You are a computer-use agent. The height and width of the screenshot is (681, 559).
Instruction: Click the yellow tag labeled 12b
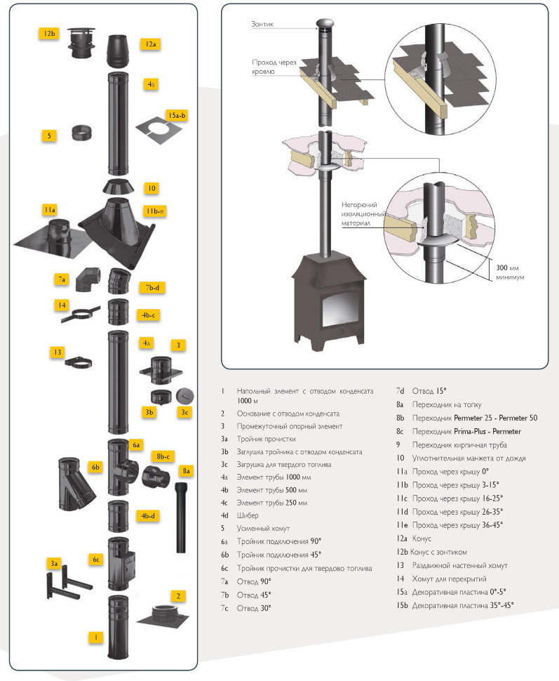(48, 34)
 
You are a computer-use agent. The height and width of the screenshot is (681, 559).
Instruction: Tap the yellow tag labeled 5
(48, 135)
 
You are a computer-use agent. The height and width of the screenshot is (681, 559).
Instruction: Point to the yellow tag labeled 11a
(48, 210)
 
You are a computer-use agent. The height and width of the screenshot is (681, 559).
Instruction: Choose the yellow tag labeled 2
(179, 596)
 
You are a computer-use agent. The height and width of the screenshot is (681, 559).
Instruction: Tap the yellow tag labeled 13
(58, 352)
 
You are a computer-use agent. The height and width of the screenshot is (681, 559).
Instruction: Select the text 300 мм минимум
(509, 272)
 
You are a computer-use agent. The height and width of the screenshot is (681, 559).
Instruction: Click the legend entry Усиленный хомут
(264, 528)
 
